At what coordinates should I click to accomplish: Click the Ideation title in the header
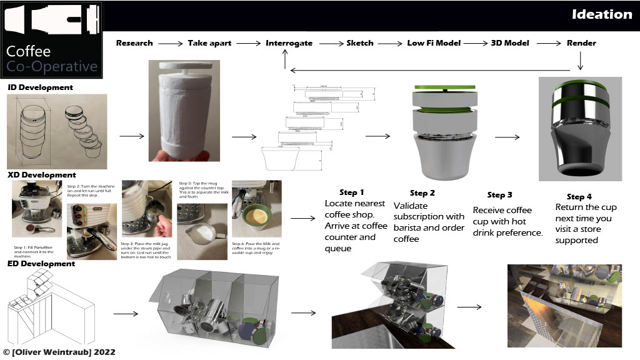[x=602, y=14]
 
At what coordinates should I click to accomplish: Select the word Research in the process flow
[x=134, y=43]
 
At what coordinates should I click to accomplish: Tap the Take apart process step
[x=209, y=43]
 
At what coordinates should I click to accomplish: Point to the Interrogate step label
[x=289, y=43]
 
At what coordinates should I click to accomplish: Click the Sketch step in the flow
[x=360, y=43]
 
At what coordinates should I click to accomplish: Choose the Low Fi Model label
[x=434, y=43]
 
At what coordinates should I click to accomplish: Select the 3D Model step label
[x=509, y=43]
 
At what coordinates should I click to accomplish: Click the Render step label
[x=581, y=43]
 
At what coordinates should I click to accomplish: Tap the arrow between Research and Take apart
[x=170, y=44]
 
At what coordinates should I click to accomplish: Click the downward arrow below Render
[x=581, y=61]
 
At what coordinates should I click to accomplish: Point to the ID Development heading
[x=40, y=87]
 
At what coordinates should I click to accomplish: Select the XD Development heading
[x=41, y=175]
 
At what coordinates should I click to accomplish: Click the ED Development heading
[x=41, y=264]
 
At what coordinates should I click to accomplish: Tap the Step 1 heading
[x=351, y=192]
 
